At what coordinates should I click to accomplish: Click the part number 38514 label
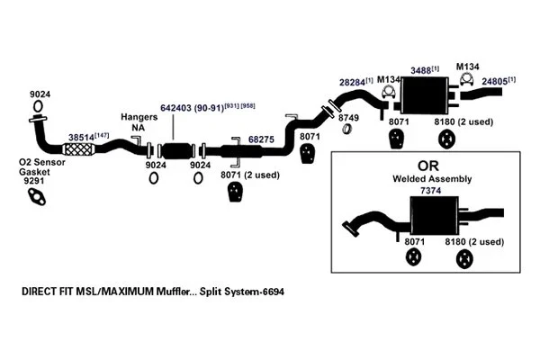(x=83, y=135)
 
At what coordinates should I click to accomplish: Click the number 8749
(x=349, y=117)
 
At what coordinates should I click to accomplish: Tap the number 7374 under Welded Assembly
(x=430, y=192)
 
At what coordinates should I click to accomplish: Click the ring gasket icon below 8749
(x=347, y=131)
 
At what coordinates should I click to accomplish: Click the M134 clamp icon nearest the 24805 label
(x=468, y=83)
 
